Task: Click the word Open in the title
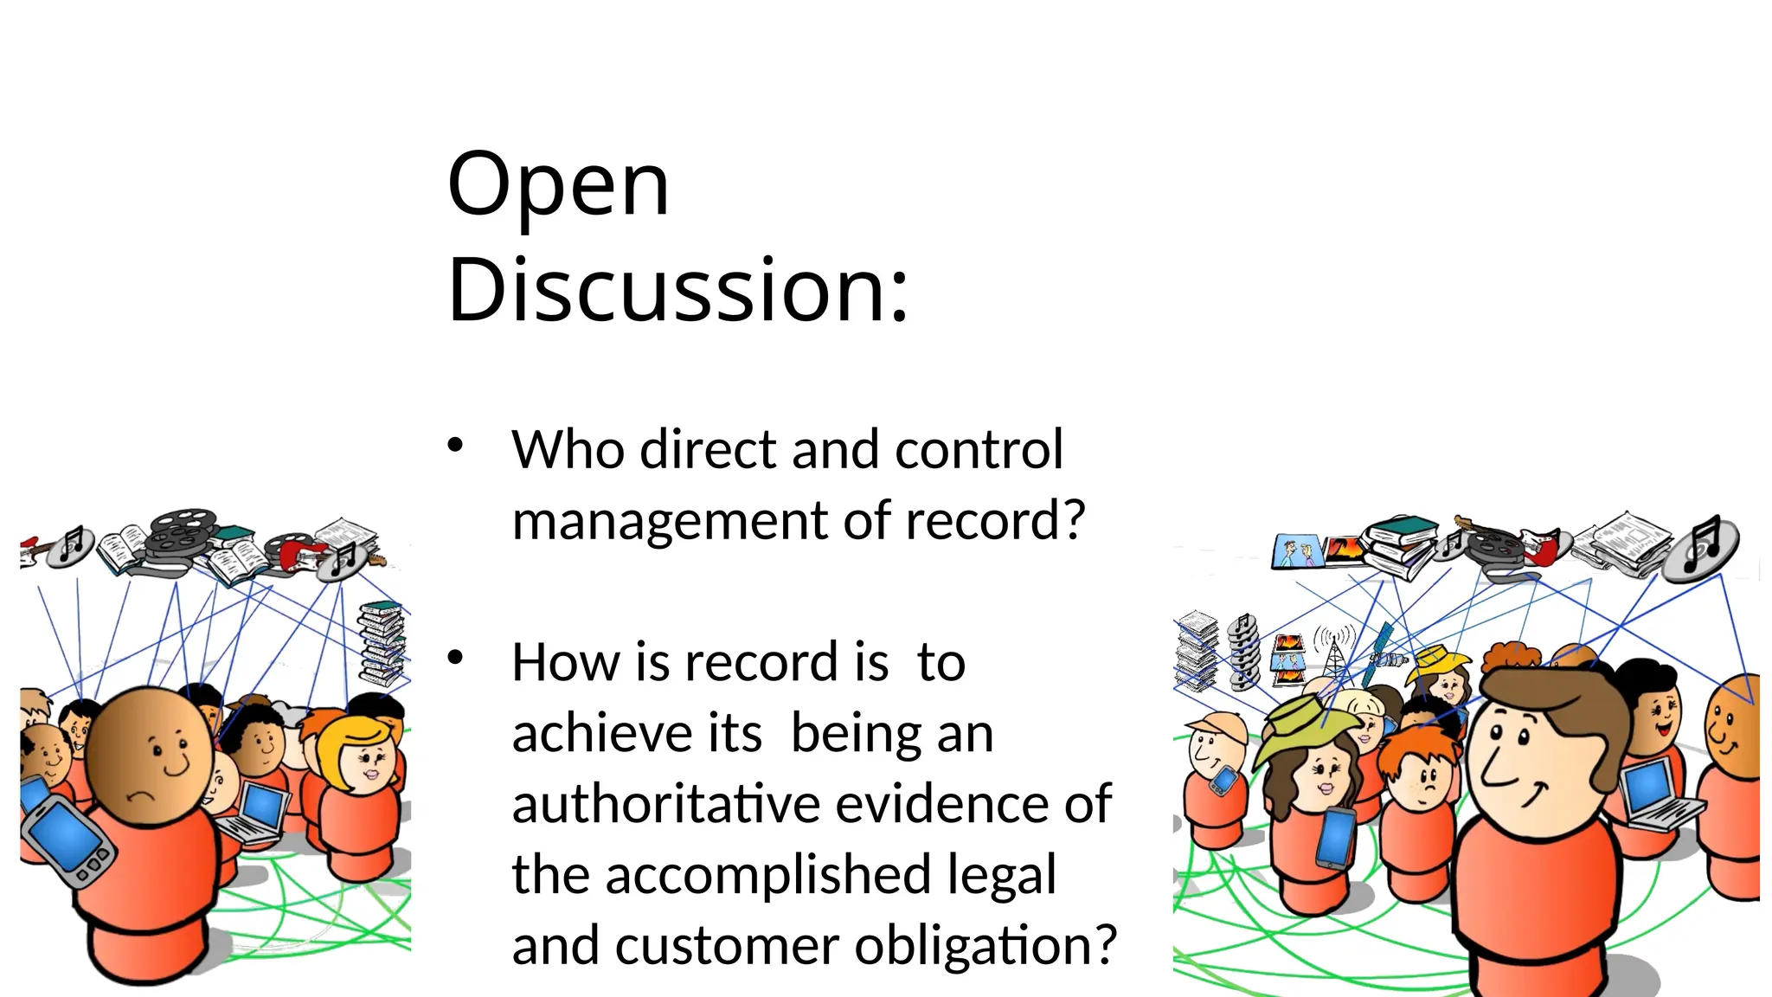coord(558,185)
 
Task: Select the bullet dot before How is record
coord(456,658)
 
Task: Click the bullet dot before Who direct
coord(456,446)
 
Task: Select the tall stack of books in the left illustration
coord(382,644)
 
